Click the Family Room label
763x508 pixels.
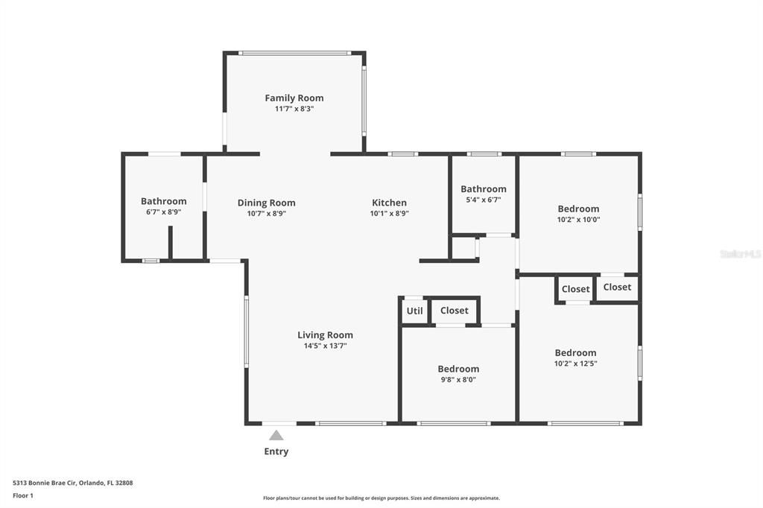tap(294, 98)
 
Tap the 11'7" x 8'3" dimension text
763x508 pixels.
tap(294, 109)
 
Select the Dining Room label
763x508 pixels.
tap(266, 203)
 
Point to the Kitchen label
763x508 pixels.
tap(389, 203)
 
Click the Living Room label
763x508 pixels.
tap(325, 335)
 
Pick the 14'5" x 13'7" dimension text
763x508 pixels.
tap(325, 346)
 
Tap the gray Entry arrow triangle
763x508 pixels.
tap(276, 435)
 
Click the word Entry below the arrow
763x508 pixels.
tap(276, 451)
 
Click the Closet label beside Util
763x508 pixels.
tap(454, 311)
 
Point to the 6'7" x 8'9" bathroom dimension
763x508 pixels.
tap(163, 212)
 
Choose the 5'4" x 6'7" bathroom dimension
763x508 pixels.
tap(483, 200)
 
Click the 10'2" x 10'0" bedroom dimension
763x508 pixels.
tap(578, 220)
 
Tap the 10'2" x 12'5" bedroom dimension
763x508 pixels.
tap(575, 363)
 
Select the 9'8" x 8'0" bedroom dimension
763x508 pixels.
tap(458, 379)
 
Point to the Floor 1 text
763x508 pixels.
tap(23, 495)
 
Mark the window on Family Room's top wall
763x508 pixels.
tap(294, 53)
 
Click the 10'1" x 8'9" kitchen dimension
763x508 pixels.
tap(389, 213)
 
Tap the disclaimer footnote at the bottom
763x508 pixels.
tap(381, 498)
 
